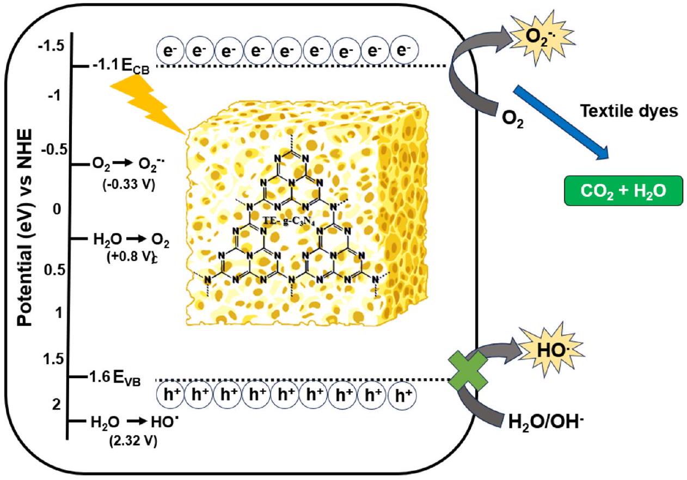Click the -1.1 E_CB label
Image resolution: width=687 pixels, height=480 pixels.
pos(119,67)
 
